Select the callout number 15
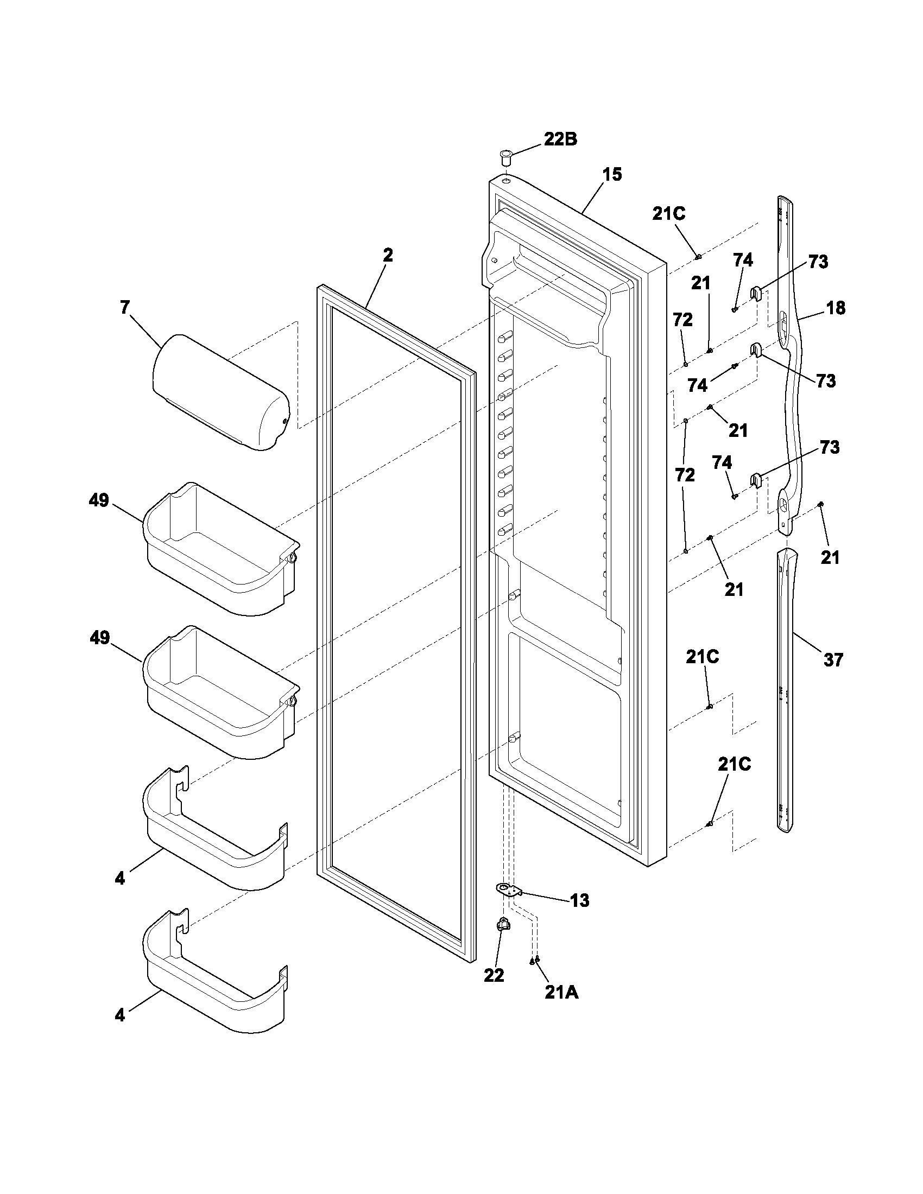[612, 175]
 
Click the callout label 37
[833, 660]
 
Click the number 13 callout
[580, 900]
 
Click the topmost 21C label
[669, 214]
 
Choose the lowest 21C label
[735, 765]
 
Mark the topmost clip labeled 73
[755, 294]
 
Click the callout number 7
[125, 308]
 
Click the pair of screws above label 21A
[534, 960]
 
